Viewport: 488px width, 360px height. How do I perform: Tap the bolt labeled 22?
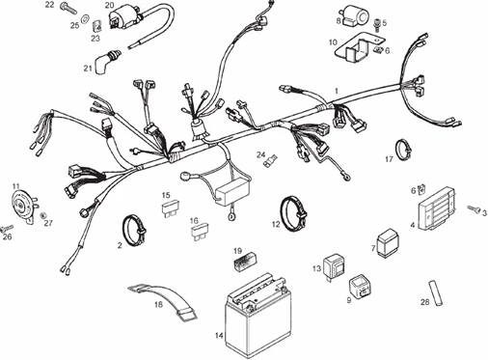68,11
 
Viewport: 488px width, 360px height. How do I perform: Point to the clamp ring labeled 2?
133,229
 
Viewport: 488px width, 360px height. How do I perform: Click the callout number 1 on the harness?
336,90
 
